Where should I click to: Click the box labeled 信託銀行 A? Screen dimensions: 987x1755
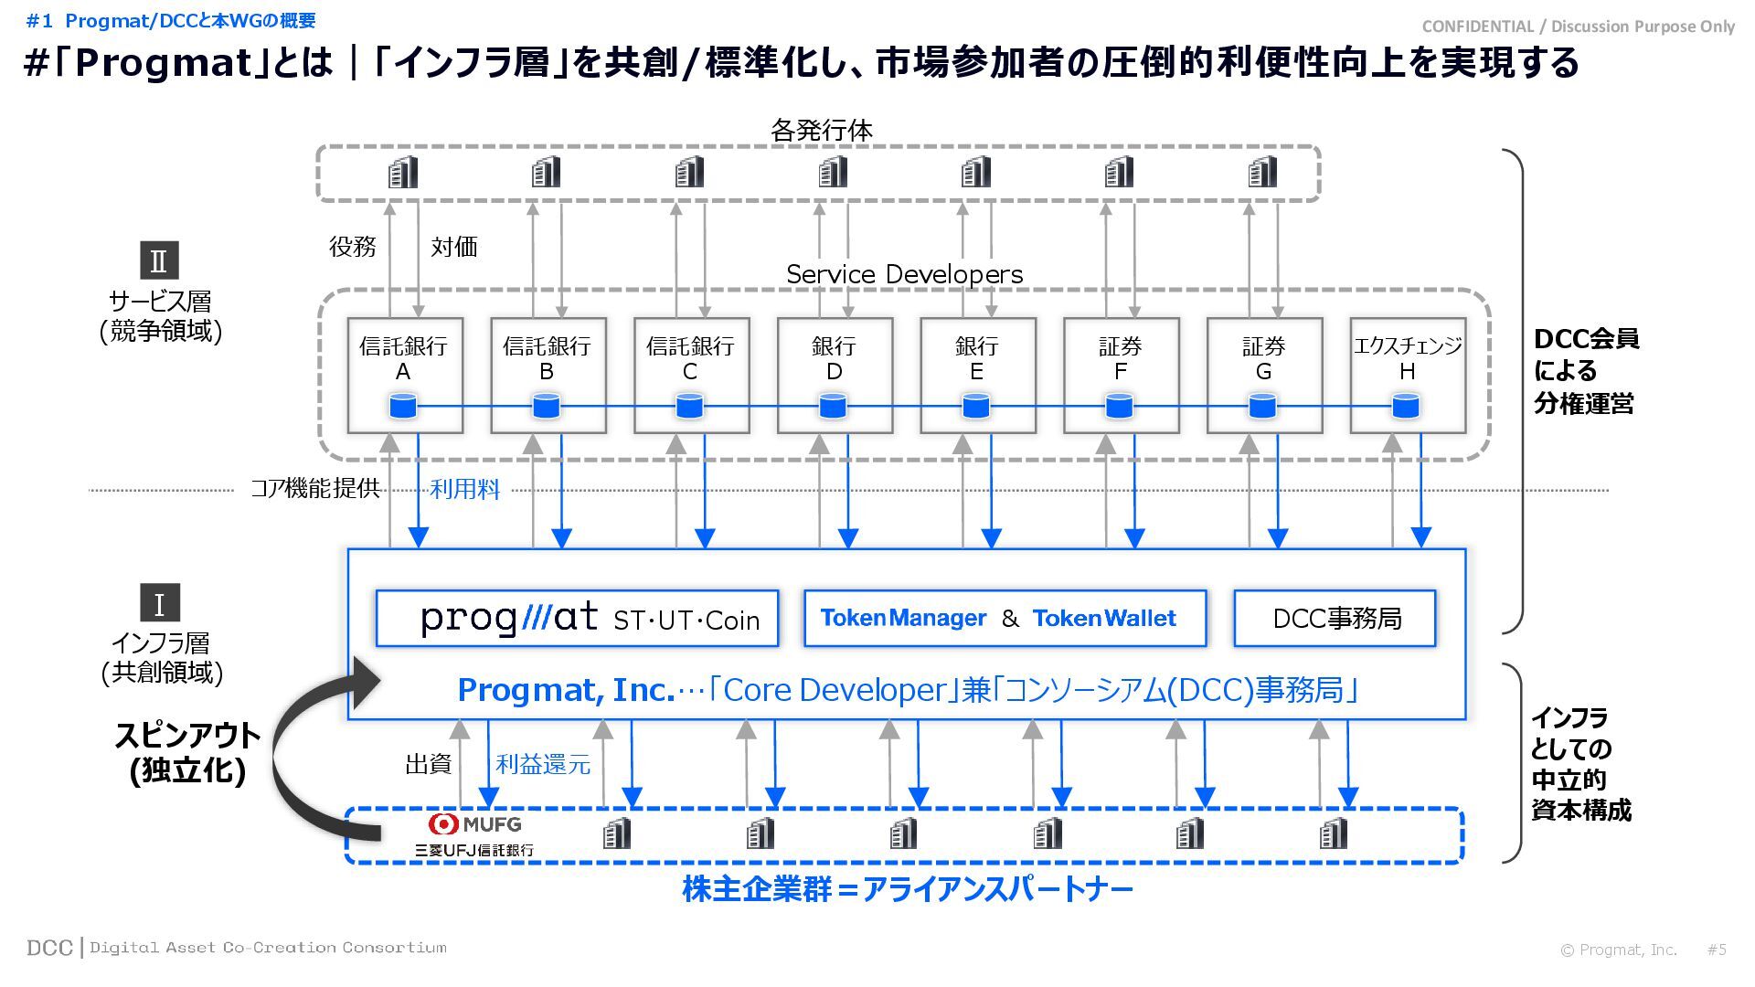[x=404, y=375]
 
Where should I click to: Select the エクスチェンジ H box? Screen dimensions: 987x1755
[x=1407, y=375]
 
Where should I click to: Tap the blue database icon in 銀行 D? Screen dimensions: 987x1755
[x=833, y=406]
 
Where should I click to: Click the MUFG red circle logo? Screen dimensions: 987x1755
[x=443, y=823]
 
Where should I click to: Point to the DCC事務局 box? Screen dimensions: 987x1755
[x=1335, y=619]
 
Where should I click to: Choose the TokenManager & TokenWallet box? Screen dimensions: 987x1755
[x=1004, y=619]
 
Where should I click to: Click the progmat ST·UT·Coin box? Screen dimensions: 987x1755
[x=577, y=619]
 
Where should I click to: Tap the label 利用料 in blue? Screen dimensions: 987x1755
[x=464, y=490]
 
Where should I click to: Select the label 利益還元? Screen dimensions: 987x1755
[x=543, y=764]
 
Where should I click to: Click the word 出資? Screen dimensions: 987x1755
[x=428, y=764]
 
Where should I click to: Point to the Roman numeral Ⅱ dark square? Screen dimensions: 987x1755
[x=159, y=260]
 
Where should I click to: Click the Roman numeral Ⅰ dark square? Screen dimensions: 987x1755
[x=159, y=603]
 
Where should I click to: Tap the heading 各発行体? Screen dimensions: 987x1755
[x=821, y=131]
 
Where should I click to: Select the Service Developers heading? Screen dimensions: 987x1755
[x=904, y=274]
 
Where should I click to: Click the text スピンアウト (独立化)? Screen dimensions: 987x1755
[x=187, y=752]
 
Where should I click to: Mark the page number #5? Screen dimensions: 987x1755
[x=1717, y=950]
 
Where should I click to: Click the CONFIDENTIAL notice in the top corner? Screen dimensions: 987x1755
[x=1578, y=27]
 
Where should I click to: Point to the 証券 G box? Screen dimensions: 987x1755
[x=1263, y=375]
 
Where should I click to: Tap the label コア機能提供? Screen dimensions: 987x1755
[x=315, y=489]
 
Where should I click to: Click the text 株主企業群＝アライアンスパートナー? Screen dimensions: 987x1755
[x=907, y=889]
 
